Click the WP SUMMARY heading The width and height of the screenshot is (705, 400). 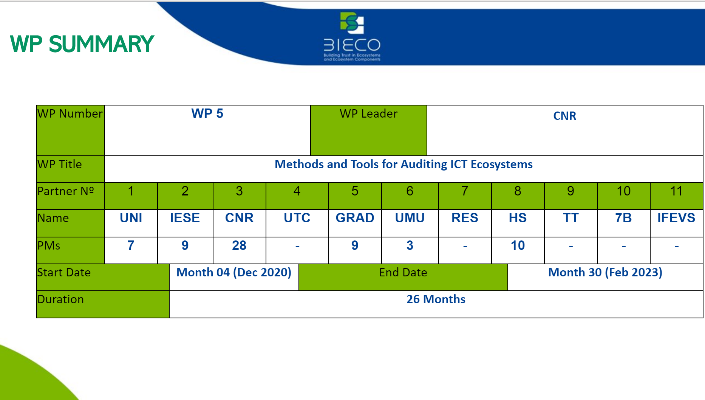(82, 44)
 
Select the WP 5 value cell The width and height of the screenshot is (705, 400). (207, 130)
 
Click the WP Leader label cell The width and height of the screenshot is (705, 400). (369, 130)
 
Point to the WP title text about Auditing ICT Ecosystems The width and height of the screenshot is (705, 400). (404, 164)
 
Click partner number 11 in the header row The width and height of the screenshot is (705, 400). (676, 191)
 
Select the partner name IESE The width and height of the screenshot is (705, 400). (185, 218)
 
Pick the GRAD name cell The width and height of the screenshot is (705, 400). (355, 223)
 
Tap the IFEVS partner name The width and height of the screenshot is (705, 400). (676, 218)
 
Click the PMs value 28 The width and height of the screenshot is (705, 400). (239, 246)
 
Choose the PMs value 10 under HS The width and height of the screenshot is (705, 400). (518, 246)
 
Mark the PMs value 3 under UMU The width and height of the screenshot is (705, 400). (410, 246)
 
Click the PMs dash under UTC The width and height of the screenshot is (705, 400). (297, 247)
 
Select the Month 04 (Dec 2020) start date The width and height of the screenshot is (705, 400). (234, 273)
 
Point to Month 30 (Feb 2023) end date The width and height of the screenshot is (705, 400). (605, 273)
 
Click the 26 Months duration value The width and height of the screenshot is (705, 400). (436, 299)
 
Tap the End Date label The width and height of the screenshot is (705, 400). (403, 273)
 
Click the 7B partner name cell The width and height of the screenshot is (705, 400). (624, 223)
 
